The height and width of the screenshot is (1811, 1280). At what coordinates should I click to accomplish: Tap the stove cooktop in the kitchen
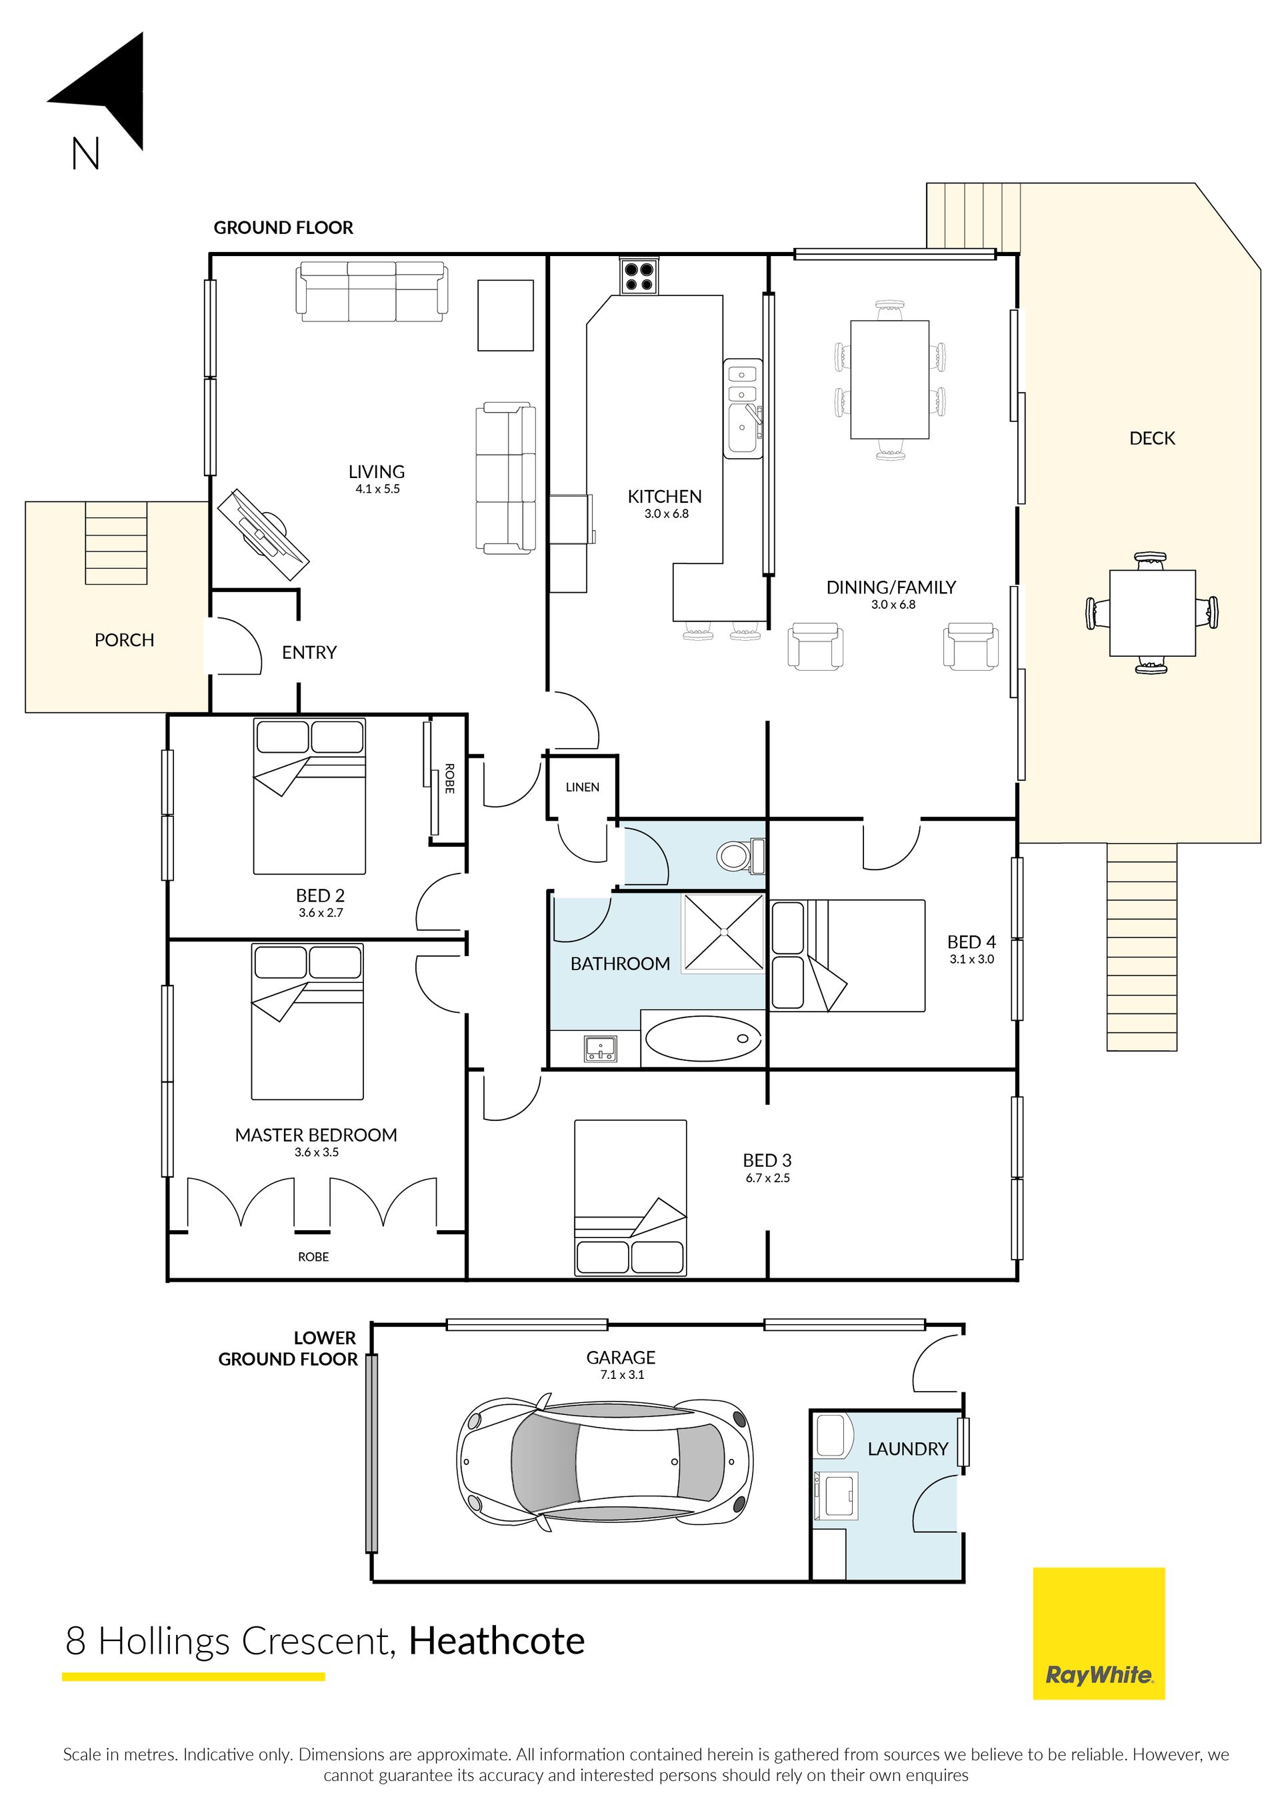pos(639,276)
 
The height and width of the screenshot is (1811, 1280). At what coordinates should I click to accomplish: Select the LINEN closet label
pos(582,787)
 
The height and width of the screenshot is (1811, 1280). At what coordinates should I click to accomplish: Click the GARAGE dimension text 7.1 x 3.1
pos(621,1374)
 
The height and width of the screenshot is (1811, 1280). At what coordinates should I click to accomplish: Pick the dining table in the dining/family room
pos(889,379)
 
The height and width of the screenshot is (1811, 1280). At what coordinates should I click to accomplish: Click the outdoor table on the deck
pos(1152,613)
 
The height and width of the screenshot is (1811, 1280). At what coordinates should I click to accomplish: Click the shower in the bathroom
pos(723,932)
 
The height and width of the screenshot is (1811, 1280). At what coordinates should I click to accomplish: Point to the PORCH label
pos(125,639)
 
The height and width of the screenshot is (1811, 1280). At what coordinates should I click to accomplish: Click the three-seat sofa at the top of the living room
pos(371,292)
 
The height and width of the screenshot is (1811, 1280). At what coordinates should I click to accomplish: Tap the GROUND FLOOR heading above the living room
pos(283,228)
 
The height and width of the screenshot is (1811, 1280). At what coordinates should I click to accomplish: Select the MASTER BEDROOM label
pos(315,1135)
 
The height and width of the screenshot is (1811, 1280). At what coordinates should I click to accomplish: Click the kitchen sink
pos(743,408)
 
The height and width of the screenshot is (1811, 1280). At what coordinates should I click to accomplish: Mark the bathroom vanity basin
pos(601,1048)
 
